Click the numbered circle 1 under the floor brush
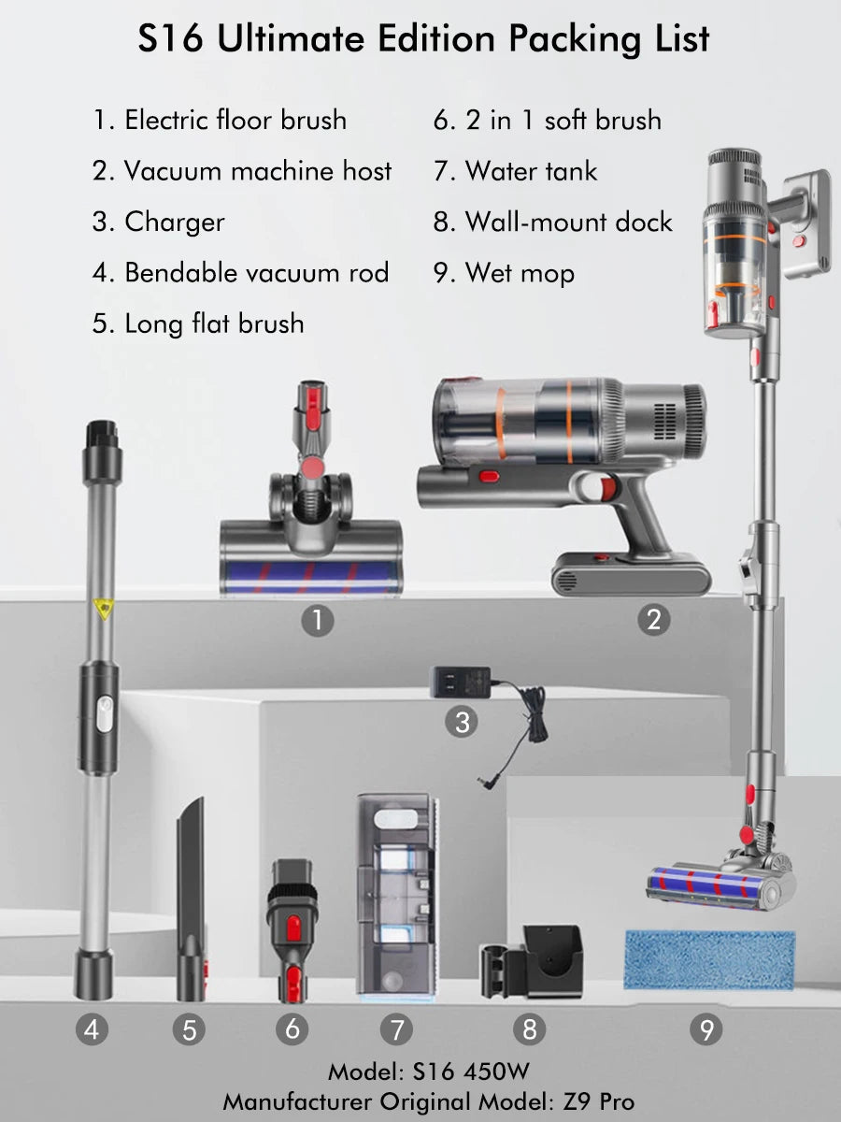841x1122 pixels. click(x=318, y=621)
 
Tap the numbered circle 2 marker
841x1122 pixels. click(x=653, y=619)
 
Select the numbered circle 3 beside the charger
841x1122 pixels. click(x=462, y=722)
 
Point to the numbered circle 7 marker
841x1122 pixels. click(x=396, y=1029)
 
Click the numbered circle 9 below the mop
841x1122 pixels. click(x=706, y=1029)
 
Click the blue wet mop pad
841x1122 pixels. click(x=708, y=959)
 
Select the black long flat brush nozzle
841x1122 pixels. click(x=190, y=898)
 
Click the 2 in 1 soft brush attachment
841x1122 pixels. click(x=292, y=926)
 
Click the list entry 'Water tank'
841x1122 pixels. click(x=531, y=171)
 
